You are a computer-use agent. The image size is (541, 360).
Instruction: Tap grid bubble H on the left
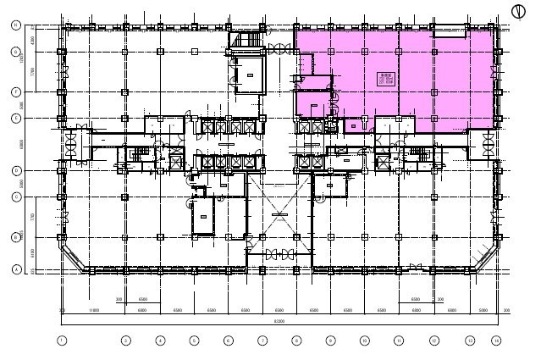16,26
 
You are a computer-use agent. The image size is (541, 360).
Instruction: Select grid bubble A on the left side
16,270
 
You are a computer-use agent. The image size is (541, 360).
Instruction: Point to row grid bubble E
16,119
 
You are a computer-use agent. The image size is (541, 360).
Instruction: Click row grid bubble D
16,170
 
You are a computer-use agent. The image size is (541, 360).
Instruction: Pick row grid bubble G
16,52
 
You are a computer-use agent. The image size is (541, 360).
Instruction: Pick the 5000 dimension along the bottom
481,311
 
